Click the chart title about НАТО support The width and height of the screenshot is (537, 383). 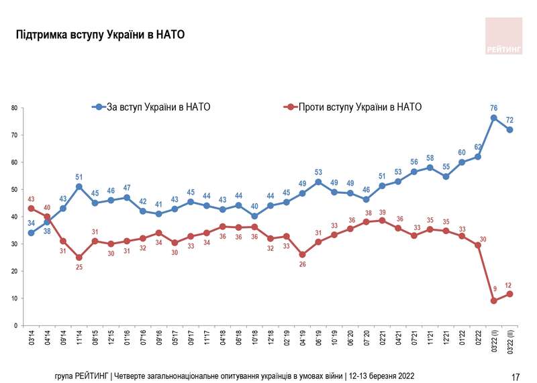coord(100,34)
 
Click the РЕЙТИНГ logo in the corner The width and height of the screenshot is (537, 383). coord(503,37)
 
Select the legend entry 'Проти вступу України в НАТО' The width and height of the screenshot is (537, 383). coord(352,107)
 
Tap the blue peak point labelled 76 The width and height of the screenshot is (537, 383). coord(494,118)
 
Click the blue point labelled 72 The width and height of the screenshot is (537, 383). coord(509,129)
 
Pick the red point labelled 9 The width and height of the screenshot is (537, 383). coord(494,300)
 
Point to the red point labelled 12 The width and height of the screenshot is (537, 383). coord(509,294)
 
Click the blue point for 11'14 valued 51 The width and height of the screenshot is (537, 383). coord(79,186)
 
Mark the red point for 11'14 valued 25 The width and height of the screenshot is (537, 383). coord(79,258)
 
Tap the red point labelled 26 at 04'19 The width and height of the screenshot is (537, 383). coord(303,255)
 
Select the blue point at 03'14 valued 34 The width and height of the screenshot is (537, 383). coord(31,233)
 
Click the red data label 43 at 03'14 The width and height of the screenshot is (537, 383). coord(31,199)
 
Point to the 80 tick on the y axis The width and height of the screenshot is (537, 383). coord(13,108)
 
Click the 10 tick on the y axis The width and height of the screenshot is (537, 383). coord(13,298)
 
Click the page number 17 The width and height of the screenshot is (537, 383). coord(516,377)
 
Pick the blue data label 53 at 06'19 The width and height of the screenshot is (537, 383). coord(319,172)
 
